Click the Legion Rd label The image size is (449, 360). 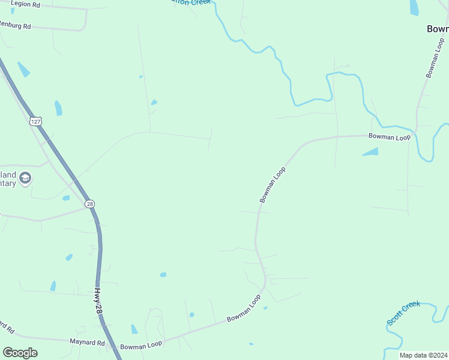click(25, 4)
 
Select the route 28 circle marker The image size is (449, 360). click(89, 204)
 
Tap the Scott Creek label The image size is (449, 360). click(403, 313)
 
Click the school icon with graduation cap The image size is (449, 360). click(25, 178)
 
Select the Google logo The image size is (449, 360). click(20, 352)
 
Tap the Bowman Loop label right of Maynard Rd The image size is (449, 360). click(141, 346)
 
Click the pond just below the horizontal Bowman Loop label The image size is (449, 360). click(371, 152)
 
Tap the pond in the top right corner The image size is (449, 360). click(414, 7)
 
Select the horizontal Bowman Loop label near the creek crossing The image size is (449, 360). click(389, 137)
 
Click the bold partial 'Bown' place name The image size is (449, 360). click(437, 29)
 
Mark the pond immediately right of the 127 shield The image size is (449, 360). click(58, 108)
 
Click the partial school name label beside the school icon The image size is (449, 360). click(8, 179)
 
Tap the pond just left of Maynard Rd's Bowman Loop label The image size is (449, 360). click(134, 329)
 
